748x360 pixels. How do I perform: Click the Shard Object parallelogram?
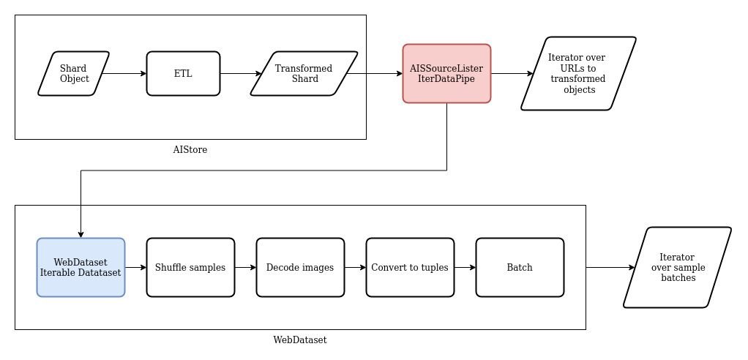pyautogui.click(x=74, y=73)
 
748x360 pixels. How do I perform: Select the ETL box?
pyautogui.click(x=183, y=73)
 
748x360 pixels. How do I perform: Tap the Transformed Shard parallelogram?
pyautogui.click(x=304, y=73)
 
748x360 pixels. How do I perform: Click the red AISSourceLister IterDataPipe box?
pyautogui.click(x=446, y=73)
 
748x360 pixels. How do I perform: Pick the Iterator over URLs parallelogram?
pyautogui.click(x=577, y=73)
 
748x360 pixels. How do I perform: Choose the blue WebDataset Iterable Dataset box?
pyautogui.click(x=81, y=267)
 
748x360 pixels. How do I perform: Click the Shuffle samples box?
pyautogui.click(x=190, y=267)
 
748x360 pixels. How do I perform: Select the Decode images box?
pyautogui.click(x=300, y=267)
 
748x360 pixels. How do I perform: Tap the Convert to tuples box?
pyautogui.click(x=410, y=267)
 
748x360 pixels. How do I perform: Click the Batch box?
pyautogui.click(x=520, y=267)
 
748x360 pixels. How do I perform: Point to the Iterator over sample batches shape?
pyautogui.click(x=677, y=267)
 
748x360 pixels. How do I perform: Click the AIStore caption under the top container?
pyautogui.click(x=190, y=150)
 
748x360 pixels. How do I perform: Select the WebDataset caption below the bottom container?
pyautogui.click(x=300, y=340)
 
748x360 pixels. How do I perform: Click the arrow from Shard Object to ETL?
pyautogui.click(x=124, y=73)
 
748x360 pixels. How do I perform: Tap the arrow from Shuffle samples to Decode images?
pyautogui.click(x=245, y=267)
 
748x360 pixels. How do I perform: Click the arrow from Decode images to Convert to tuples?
pyautogui.click(x=355, y=267)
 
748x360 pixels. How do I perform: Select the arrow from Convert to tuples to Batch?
pyautogui.click(x=465, y=267)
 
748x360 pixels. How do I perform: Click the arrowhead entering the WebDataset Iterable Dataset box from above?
pyautogui.click(x=81, y=233)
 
